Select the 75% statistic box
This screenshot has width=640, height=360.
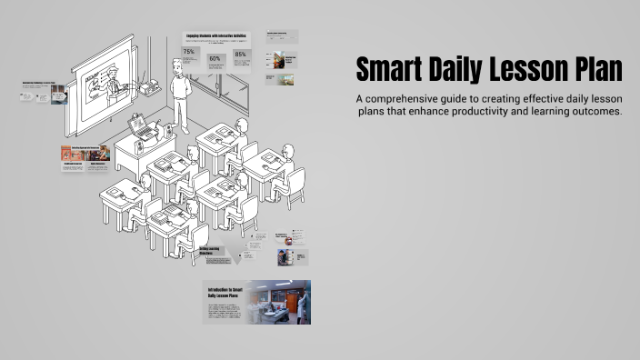[x=189, y=56]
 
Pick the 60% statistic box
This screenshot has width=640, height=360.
[x=215, y=62]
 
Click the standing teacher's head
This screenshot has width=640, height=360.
[x=178, y=65]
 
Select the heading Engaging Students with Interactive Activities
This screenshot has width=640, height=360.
[x=215, y=36]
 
